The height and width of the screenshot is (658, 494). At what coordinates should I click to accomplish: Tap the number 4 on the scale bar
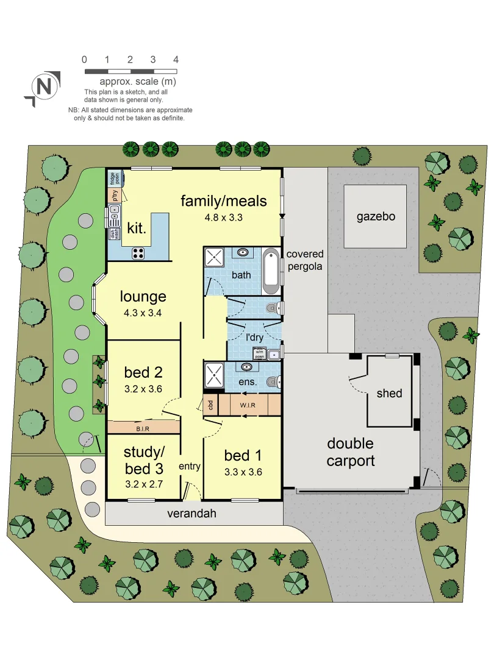[176, 60]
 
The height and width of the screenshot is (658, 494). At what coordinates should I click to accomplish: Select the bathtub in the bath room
[271, 271]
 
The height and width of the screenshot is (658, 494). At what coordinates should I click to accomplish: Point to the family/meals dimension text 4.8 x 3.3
[223, 216]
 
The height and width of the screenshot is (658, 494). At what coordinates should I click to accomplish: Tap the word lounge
[143, 297]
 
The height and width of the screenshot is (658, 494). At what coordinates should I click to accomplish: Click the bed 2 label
[143, 372]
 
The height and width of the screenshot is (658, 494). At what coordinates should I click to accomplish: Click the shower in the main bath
[215, 258]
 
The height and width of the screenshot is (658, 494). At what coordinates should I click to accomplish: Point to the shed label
[389, 393]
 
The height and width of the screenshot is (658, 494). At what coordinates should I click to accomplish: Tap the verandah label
[192, 514]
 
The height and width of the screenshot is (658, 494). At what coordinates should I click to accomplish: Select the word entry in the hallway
[189, 467]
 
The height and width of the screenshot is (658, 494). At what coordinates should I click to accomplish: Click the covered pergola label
[305, 260]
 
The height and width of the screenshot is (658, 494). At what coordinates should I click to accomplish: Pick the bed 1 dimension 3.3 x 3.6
[243, 472]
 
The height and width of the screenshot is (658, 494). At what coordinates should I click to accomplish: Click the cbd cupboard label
[210, 405]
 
